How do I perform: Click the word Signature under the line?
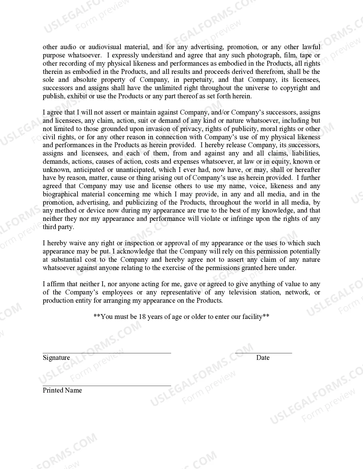click(x=56, y=358)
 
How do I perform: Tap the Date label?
click(x=263, y=358)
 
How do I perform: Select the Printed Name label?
click(x=62, y=390)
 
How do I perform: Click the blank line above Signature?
click(x=107, y=353)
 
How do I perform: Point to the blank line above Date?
click(x=263, y=353)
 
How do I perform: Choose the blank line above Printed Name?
click(x=107, y=386)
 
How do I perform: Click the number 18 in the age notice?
click(x=142, y=317)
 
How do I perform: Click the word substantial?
click(x=66, y=260)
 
